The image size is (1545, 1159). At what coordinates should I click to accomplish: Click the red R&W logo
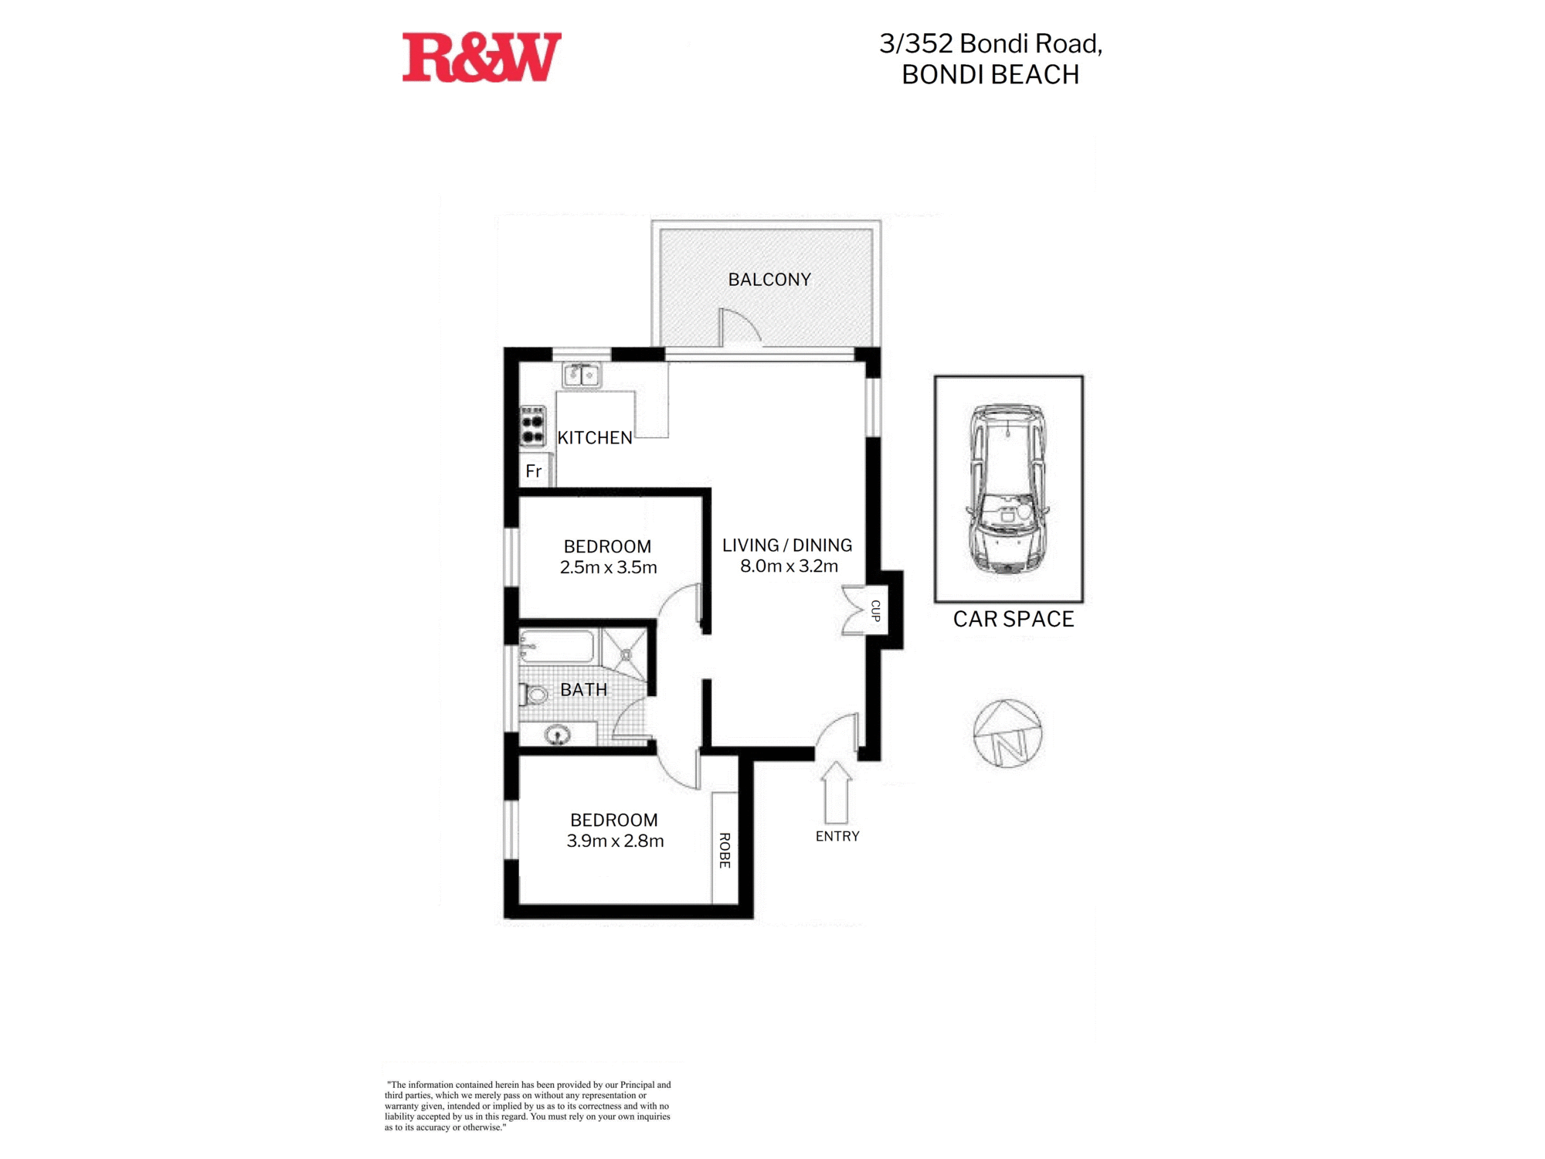481,57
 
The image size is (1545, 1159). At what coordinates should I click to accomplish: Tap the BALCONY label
769,280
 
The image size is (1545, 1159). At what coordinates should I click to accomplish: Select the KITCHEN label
595,438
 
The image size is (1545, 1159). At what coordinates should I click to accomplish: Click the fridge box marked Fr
534,471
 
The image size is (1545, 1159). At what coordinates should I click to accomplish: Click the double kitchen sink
582,376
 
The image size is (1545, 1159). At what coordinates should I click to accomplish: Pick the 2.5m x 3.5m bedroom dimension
609,568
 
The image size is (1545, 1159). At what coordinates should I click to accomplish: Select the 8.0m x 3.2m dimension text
789,566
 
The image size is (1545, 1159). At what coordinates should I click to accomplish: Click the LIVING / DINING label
787,546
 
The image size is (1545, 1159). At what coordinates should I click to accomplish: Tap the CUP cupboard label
875,610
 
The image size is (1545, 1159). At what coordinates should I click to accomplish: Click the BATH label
583,690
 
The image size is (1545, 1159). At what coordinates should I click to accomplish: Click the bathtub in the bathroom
557,647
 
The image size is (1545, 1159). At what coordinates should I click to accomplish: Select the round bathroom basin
558,734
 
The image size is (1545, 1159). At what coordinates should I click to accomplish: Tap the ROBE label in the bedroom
725,850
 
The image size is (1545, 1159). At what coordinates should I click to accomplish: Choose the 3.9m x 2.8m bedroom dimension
616,841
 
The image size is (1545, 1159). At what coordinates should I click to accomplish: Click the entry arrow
836,793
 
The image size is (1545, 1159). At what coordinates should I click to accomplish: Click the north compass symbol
1007,734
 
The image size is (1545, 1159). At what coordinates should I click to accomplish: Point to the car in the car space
1007,489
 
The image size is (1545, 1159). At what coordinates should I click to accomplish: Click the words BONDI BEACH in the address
990,75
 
